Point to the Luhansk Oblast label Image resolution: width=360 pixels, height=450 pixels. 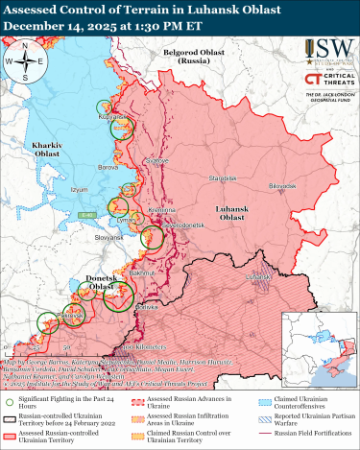pyautogui.click(x=230, y=213)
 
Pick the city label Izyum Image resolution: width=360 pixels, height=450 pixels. pyautogui.click(x=80, y=190)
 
